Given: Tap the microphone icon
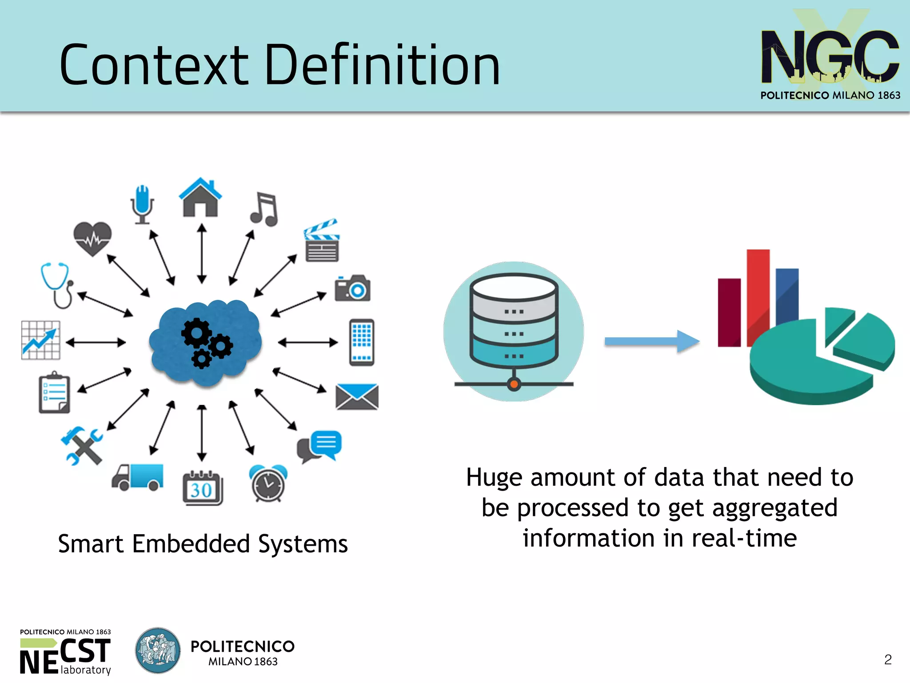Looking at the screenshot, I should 142,204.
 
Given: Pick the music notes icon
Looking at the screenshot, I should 265,209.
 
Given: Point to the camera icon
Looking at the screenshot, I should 352,288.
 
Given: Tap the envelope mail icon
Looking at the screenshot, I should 357,396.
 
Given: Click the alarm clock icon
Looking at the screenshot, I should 268,483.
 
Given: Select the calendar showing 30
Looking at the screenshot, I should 203,488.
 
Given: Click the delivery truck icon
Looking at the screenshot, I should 138,477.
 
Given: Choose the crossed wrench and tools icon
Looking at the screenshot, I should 82,446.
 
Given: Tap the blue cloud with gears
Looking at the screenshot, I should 205,342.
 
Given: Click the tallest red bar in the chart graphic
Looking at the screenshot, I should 758,293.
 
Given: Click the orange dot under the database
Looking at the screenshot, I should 514,384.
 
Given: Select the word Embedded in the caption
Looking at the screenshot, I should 191,544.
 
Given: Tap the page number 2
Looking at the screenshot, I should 888,659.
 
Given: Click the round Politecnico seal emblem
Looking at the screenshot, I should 158,651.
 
